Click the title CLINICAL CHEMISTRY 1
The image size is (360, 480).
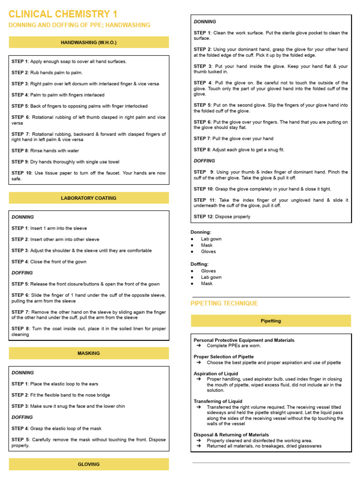[x=63, y=14]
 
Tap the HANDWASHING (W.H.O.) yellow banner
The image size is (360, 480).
[x=89, y=43]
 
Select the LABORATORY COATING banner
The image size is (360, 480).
[x=89, y=198]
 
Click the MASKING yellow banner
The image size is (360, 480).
[x=89, y=353]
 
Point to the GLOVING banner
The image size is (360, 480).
[x=89, y=464]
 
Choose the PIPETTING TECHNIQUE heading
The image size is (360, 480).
[x=224, y=303]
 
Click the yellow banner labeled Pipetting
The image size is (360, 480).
[x=270, y=321]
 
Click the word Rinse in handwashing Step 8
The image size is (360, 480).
[x=37, y=151]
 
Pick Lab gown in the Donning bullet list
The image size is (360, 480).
[x=211, y=239]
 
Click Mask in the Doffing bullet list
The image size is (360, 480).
[x=207, y=284]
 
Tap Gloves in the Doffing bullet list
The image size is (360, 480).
[x=209, y=271]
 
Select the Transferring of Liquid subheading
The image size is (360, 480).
[x=218, y=401]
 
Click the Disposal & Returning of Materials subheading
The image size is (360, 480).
[x=231, y=435]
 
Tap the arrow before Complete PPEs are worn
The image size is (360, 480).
[x=199, y=346]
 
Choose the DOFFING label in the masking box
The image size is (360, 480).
[x=22, y=417]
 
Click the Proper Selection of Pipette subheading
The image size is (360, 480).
[x=224, y=357]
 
